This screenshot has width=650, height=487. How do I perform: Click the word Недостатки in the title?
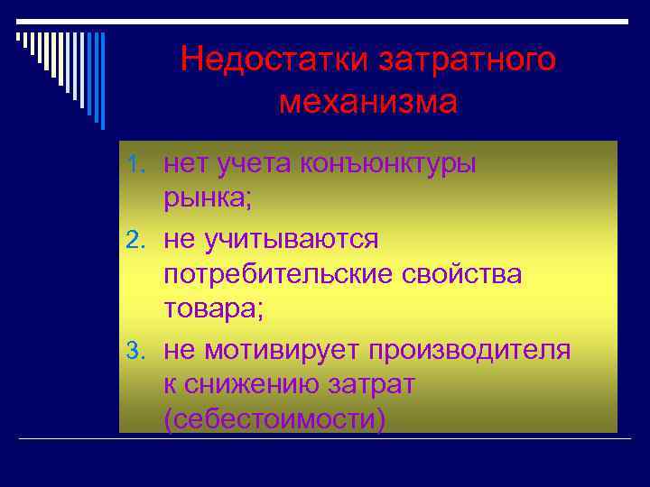click(x=274, y=60)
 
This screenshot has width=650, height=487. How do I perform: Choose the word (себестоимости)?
click(x=274, y=420)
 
